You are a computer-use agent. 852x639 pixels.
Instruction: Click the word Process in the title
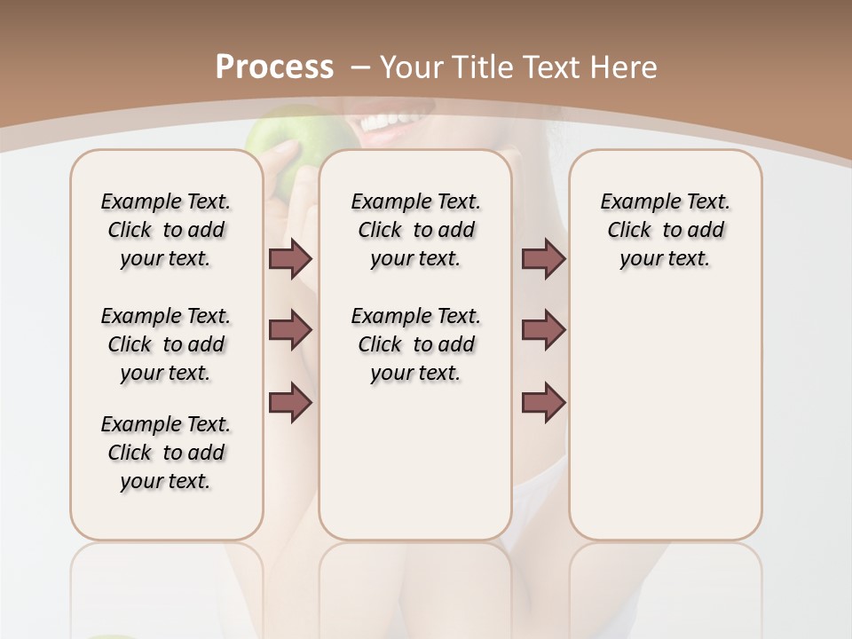(274, 67)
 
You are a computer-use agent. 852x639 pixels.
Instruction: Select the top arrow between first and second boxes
(290, 259)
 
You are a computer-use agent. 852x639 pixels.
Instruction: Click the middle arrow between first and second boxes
(290, 330)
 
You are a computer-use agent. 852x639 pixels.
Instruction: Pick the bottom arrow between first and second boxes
(290, 402)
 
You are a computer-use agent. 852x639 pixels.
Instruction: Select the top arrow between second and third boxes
(543, 259)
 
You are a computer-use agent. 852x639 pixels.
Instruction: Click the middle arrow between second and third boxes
(543, 330)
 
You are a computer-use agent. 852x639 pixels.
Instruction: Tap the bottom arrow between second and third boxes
(543, 402)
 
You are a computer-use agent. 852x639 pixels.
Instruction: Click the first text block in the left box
(166, 230)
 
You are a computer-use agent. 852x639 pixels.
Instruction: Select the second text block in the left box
(166, 344)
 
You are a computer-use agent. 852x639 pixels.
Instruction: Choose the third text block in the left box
(166, 453)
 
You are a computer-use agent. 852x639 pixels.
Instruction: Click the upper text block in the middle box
(416, 230)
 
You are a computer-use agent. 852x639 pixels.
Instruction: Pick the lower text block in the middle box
(416, 344)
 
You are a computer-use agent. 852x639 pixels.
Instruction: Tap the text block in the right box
(666, 230)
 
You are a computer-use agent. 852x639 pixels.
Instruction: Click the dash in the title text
(360, 67)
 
